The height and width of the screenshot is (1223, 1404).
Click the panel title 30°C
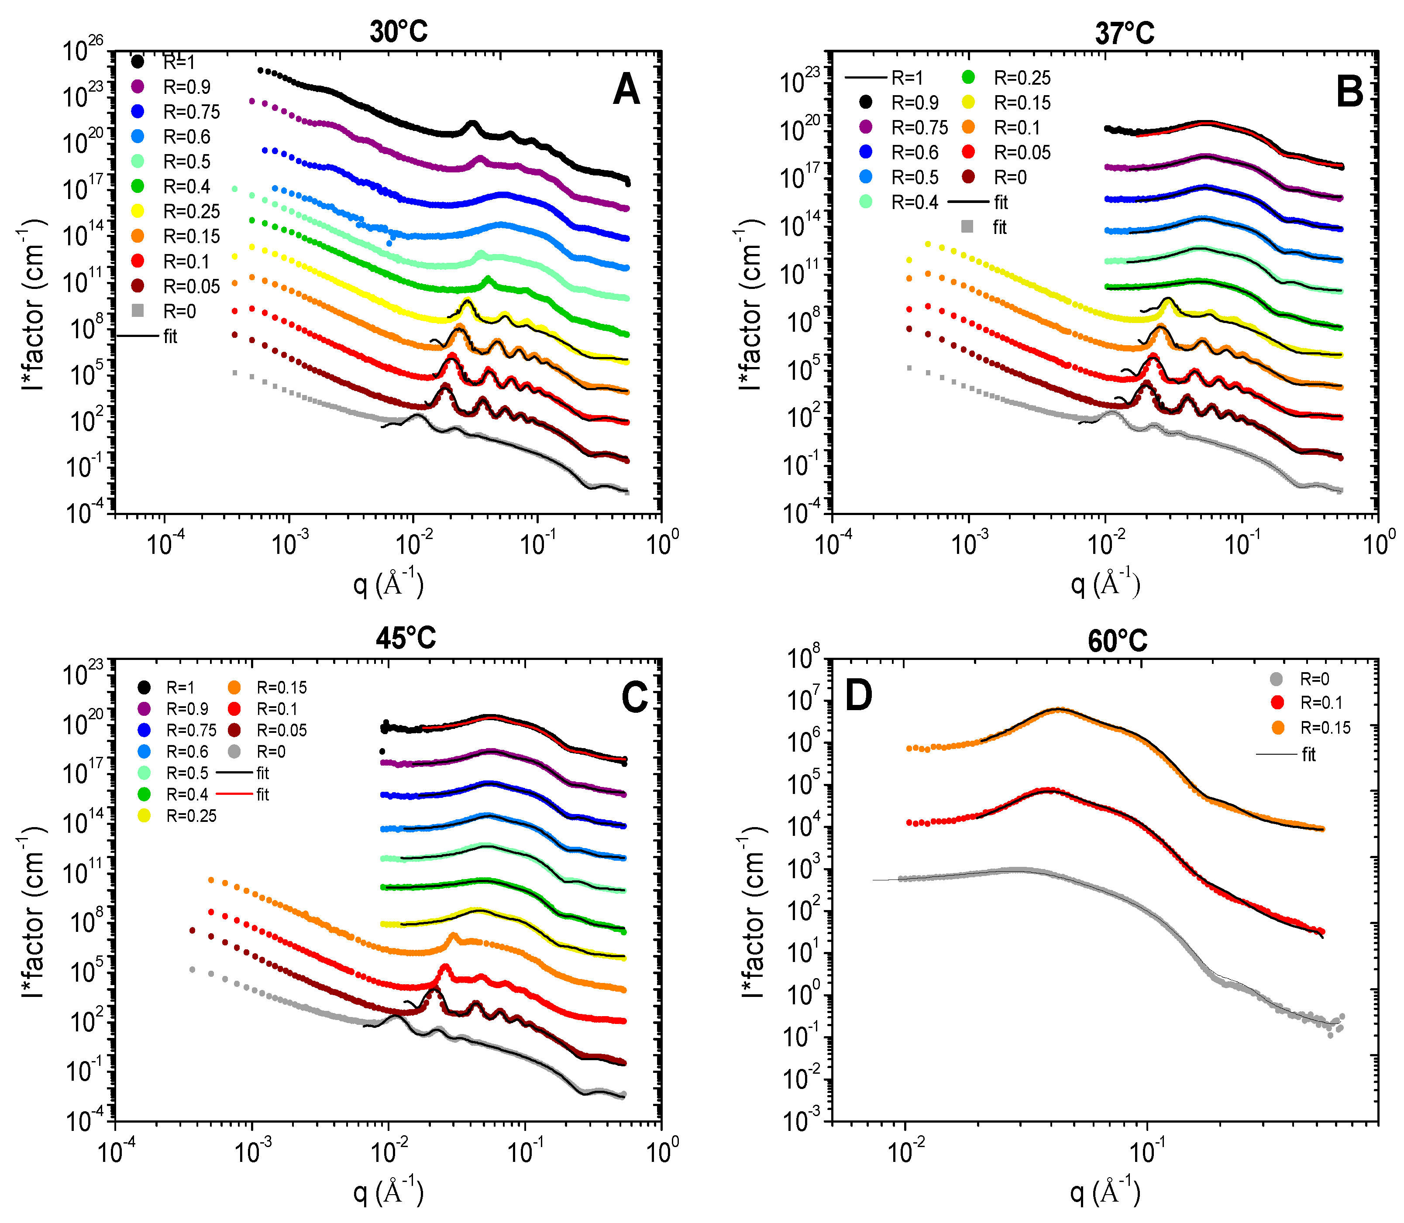coord(399,31)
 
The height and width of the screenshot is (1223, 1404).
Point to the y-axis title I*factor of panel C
coord(33,913)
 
